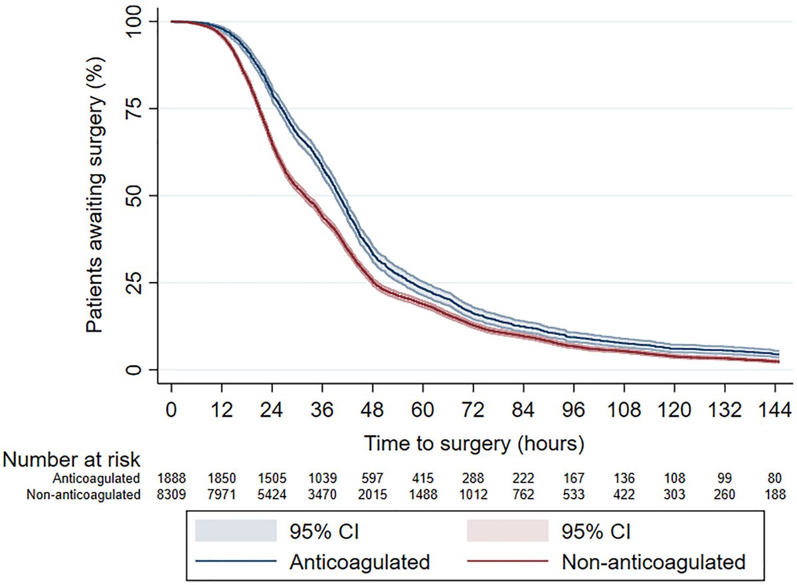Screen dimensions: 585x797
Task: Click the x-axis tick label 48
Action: [x=373, y=408]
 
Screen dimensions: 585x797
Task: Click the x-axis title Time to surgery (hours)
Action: [x=474, y=441]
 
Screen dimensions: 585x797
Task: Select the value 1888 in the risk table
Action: [x=171, y=478]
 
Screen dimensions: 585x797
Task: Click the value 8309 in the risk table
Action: [x=171, y=495]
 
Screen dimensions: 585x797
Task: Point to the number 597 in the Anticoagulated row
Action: [x=373, y=478]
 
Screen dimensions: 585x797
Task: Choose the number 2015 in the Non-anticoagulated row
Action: [x=373, y=495]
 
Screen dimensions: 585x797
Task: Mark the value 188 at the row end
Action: [x=774, y=495]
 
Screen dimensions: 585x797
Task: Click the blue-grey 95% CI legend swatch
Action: [x=236, y=532]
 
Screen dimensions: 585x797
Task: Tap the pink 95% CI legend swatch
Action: [x=507, y=532]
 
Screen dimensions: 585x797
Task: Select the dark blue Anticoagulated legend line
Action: [x=236, y=562]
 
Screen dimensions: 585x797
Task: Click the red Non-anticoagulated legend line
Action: [x=507, y=562]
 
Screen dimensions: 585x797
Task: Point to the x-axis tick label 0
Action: [x=171, y=408]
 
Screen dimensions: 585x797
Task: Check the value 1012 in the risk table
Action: [x=473, y=495]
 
